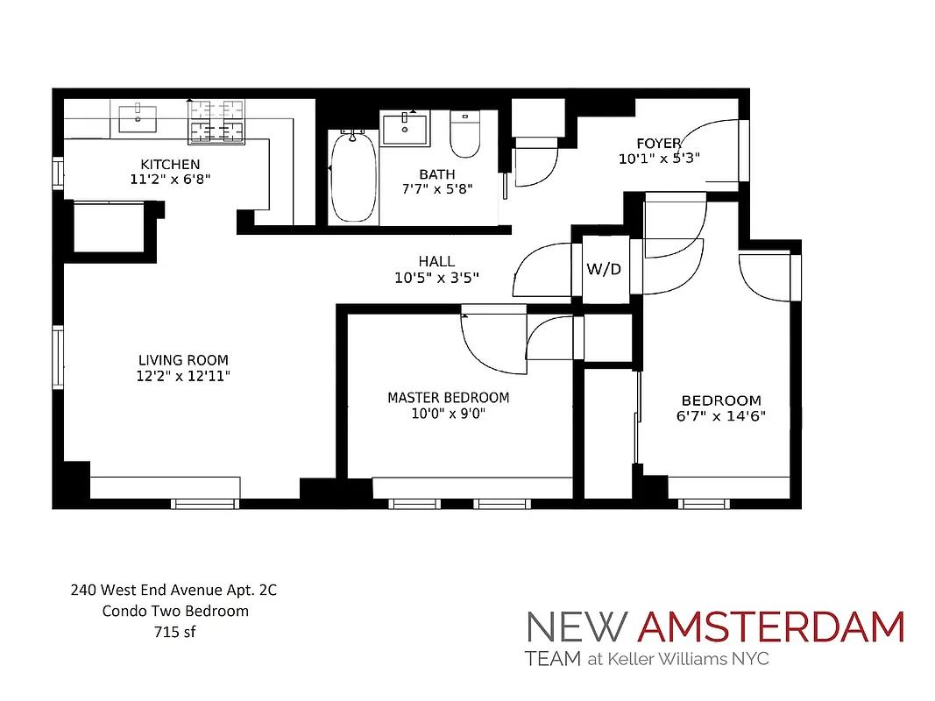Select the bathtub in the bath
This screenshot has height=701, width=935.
(x=353, y=177)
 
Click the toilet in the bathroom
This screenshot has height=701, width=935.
(x=462, y=131)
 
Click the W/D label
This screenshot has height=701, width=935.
(x=604, y=269)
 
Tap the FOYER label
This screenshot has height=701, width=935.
(x=659, y=144)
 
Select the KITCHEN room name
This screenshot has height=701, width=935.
(x=170, y=164)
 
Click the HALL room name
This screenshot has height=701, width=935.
(x=436, y=261)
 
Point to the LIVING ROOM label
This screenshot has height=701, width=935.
(x=183, y=360)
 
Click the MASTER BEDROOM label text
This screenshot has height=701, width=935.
(x=448, y=398)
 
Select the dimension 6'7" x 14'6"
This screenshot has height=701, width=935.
(x=721, y=416)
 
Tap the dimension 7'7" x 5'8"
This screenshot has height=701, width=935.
(x=437, y=189)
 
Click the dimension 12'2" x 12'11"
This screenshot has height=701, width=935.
(x=183, y=376)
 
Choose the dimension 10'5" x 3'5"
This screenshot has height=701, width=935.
(x=436, y=278)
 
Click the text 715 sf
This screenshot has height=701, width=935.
(x=174, y=631)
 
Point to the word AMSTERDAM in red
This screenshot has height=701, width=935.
(x=770, y=627)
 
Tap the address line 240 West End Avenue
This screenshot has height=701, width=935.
(x=174, y=591)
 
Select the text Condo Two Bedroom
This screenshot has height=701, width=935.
(x=174, y=611)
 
